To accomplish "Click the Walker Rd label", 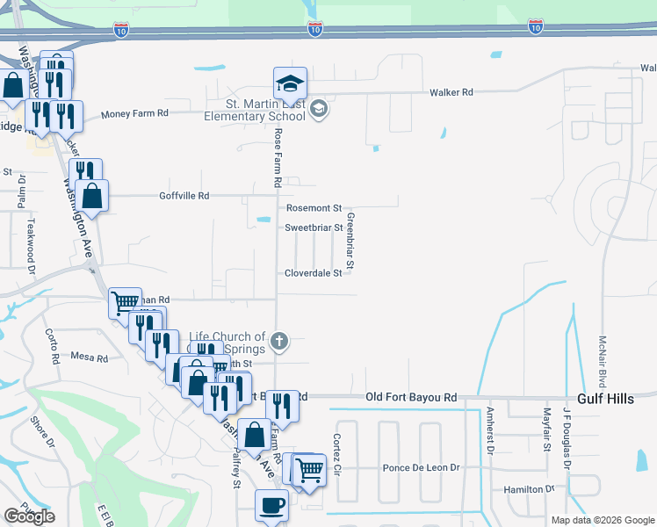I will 451,92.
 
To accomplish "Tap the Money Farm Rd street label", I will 134,114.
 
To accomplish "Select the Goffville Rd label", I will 184,196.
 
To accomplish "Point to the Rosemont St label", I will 314,208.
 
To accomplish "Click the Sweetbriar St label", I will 313,227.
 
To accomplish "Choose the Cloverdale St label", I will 313,273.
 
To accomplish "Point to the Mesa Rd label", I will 90,358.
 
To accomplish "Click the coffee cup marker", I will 271,505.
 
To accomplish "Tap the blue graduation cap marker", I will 290,83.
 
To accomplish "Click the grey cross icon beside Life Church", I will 279,341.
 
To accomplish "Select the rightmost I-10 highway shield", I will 535,28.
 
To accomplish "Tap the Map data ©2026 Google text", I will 602,520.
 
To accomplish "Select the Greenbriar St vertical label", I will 350,241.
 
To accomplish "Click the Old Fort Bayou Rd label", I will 411,398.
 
